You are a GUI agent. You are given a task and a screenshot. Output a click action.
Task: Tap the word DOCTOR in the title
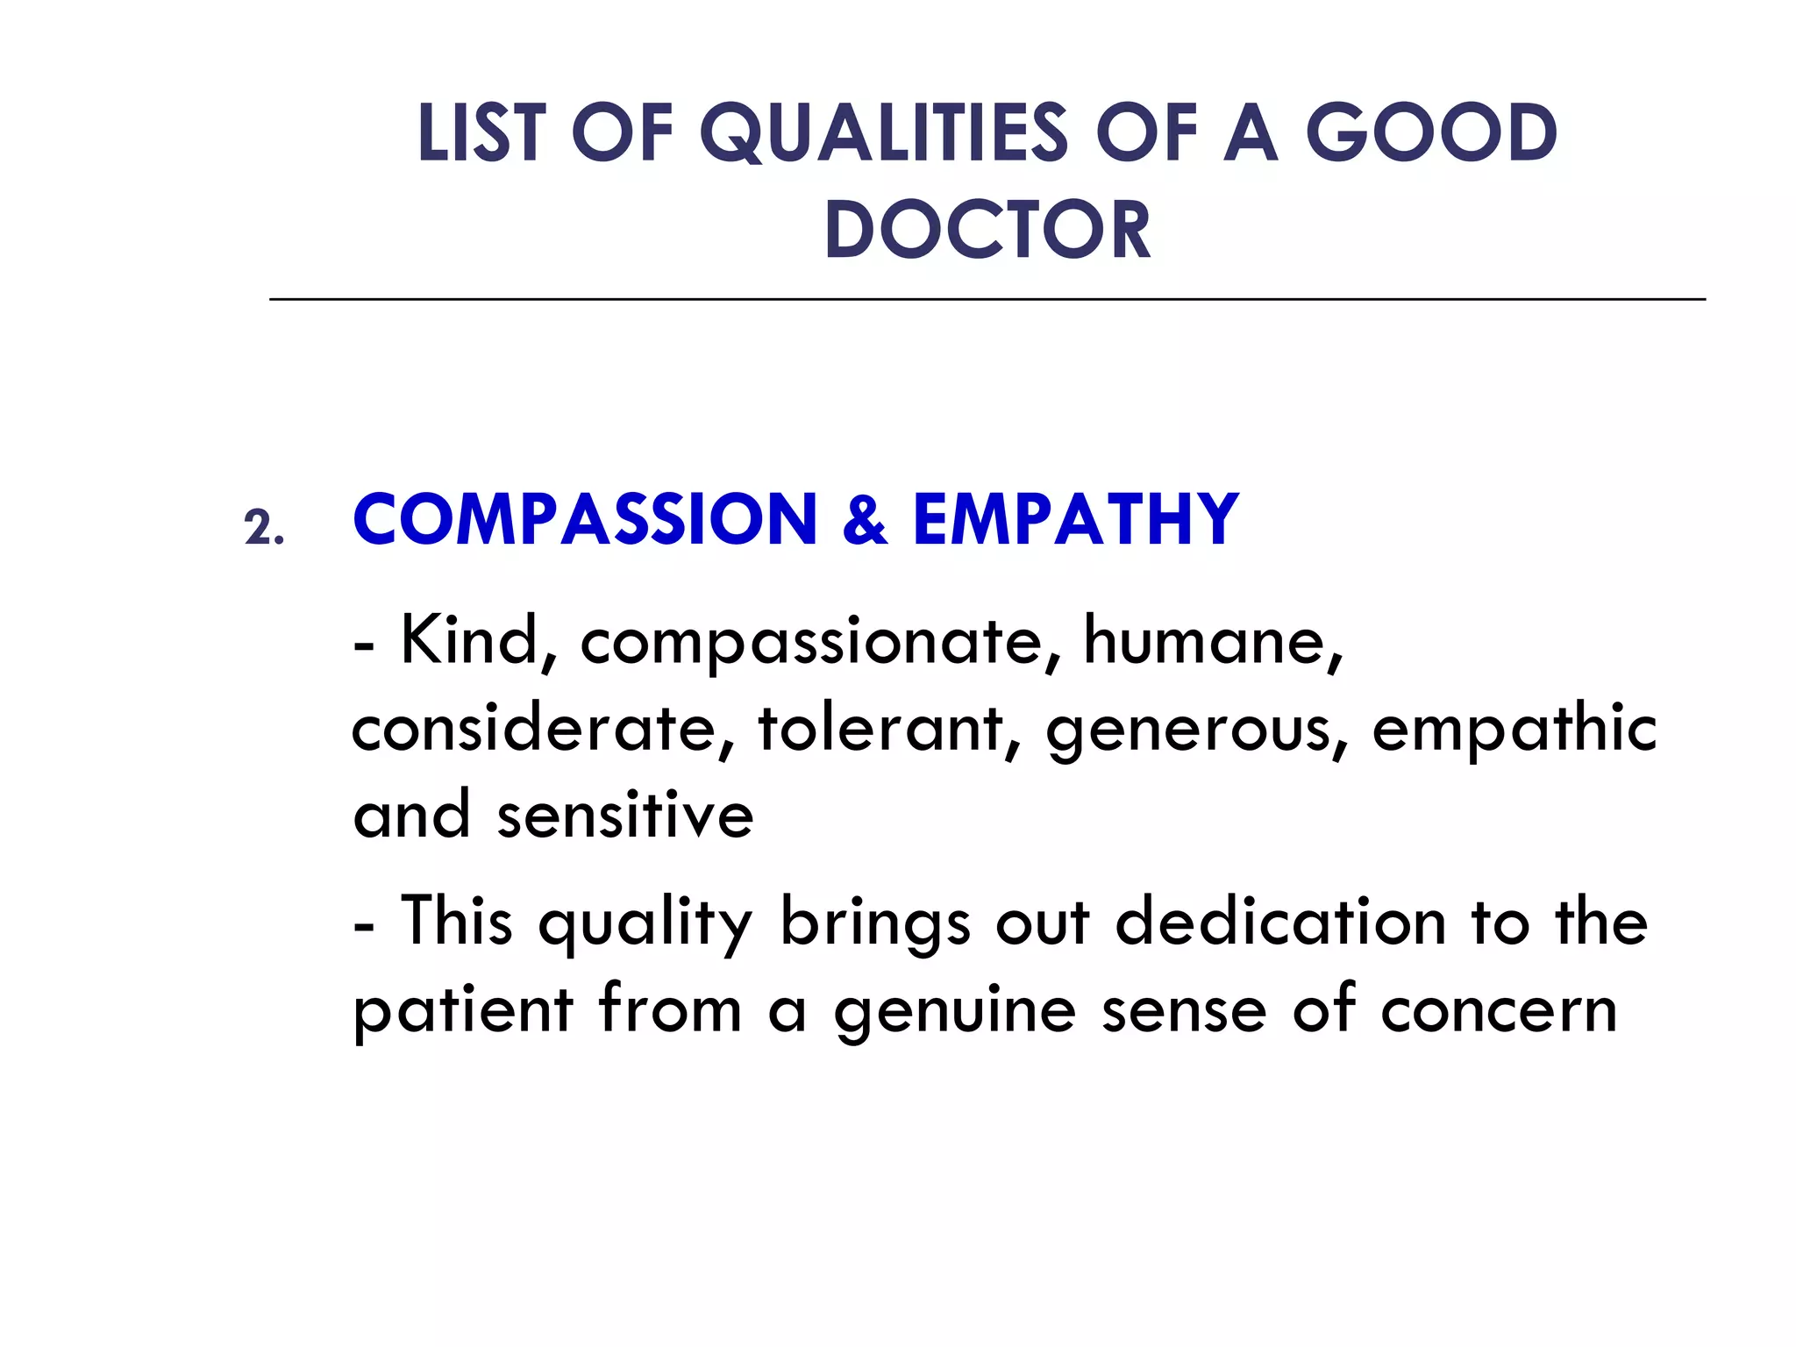click(987, 230)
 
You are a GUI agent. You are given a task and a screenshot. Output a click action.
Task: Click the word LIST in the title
click(480, 133)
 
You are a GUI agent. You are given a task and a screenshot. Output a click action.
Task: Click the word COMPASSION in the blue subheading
click(585, 519)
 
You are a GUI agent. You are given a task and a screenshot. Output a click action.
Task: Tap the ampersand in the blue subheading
click(865, 519)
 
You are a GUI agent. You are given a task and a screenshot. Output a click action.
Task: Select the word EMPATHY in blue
click(1075, 519)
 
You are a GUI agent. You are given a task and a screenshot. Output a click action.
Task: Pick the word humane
click(1212, 641)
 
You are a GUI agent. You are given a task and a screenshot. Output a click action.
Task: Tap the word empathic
click(1514, 730)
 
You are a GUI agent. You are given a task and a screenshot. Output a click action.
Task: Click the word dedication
click(1280, 923)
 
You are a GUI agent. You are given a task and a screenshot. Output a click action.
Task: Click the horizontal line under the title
click(987, 299)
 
